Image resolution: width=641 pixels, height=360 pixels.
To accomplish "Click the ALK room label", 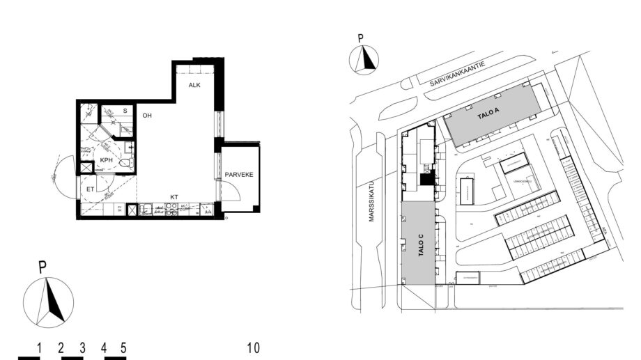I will click(x=194, y=85).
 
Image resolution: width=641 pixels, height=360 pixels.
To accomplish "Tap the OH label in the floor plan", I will click(x=147, y=116).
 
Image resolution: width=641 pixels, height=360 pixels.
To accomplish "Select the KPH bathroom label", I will click(x=107, y=160).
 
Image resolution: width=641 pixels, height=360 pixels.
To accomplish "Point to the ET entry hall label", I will click(x=90, y=188).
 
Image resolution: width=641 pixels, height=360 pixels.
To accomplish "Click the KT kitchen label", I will click(x=174, y=197).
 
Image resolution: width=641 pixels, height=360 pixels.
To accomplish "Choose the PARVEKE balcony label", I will click(x=239, y=175).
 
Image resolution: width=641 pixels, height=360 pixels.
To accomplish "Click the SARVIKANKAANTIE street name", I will click(x=456, y=73).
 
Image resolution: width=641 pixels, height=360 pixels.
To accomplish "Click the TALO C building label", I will click(x=420, y=246).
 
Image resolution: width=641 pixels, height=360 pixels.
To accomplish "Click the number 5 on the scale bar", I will click(x=123, y=347).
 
